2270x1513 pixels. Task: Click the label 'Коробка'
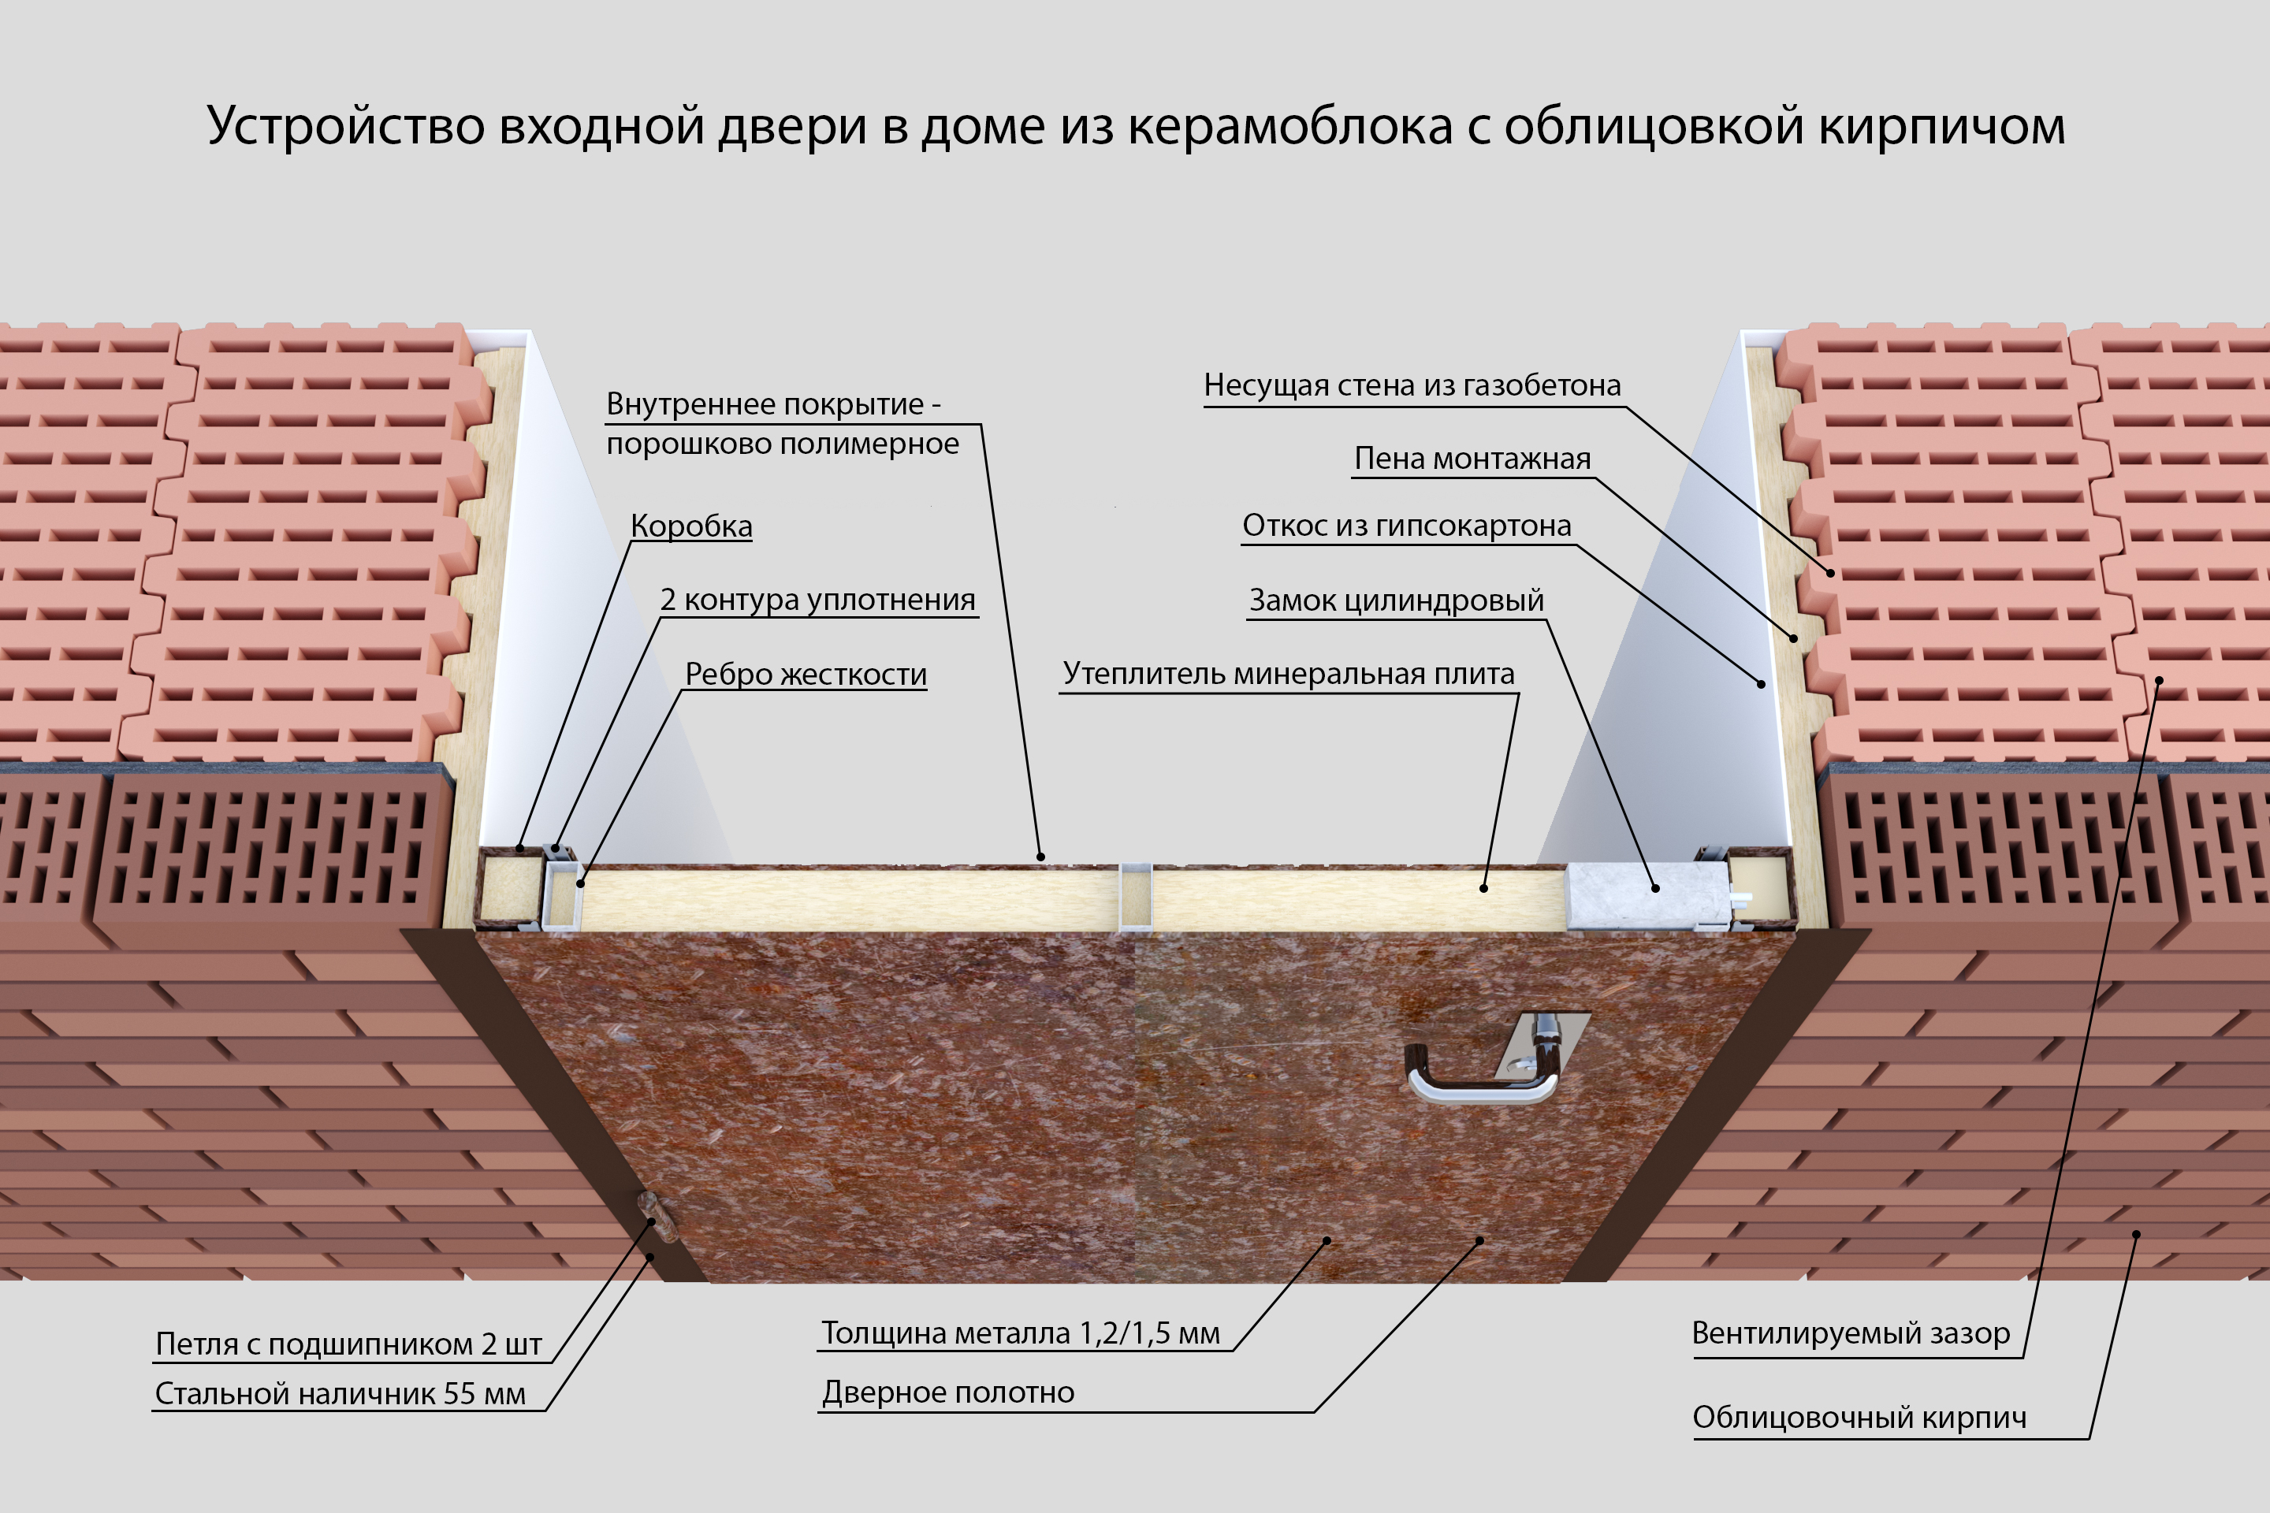point(691,526)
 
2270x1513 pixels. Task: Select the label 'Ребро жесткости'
point(805,674)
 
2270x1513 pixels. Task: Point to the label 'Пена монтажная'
point(1472,459)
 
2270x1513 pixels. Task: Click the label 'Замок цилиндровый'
point(1396,600)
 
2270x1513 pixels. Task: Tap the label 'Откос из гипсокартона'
point(1406,526)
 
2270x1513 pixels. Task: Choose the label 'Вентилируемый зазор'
point(1850,1333)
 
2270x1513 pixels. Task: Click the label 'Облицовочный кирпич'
point(1859,1418)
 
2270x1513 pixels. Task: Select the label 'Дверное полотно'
point(947,1392)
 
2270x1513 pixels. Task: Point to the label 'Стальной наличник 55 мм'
point(340,1394)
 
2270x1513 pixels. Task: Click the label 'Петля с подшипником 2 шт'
point(348,1344)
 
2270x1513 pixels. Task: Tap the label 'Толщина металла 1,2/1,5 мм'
point(1020,1333)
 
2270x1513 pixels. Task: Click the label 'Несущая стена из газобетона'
point(1411,385)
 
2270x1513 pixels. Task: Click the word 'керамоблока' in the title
point(1289,126)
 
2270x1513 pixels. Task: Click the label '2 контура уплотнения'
point(817,600)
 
